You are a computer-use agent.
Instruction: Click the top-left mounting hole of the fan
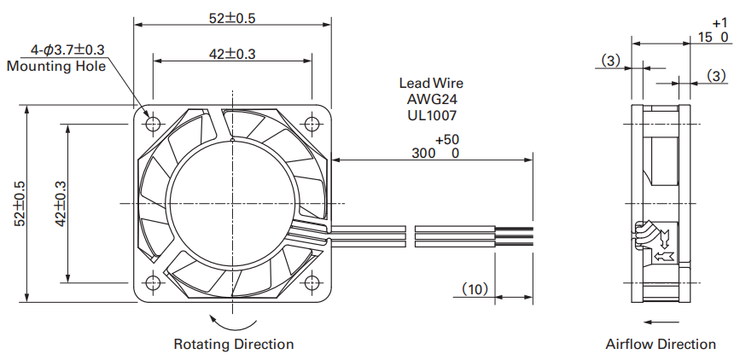(153, 124)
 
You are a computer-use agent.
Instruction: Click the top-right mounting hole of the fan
(312, 124)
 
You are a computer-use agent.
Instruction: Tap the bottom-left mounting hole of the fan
(153, 282)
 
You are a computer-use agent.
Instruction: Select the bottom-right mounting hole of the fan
(312, 282)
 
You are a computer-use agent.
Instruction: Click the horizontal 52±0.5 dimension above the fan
(232, 18)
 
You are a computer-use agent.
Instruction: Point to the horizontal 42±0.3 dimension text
(232, 55)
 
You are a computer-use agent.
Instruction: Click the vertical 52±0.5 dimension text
(20, 203)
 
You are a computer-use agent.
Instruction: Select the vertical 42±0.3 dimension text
(61, 203)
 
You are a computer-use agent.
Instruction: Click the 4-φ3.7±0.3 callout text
(67, 49)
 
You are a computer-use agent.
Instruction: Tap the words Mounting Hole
(56, 66)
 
